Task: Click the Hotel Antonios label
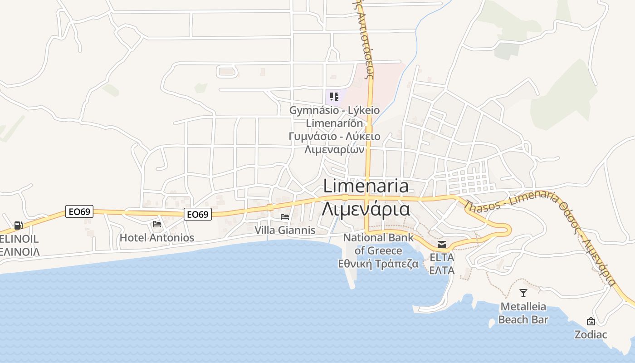(x=156, y=238)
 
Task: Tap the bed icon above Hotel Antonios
(x=157, y=224)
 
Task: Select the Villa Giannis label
(x=285, y=231)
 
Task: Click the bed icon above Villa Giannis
(x=285, y=216)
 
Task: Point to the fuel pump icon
(x=18, y=225)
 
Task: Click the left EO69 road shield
(x=79, y=211)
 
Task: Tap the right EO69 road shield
(x=198, y=214)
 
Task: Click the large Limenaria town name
(x=366, y=186)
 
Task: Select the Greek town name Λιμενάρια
(x=366, y=209)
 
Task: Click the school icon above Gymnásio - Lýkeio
(x=334, y=96)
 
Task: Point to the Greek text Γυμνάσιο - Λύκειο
(x=334, y=136)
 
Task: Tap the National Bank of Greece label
(x=378, y=244)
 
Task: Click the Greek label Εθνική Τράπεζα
(x=378, y=264)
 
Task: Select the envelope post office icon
(x=441, y=245)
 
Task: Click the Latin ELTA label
(x=442, y=257)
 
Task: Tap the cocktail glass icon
(x=523, y=293)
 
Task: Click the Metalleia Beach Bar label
(x=523, y=313)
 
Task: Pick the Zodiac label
(x=591, y=335)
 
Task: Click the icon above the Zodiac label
(x=591, y=321)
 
